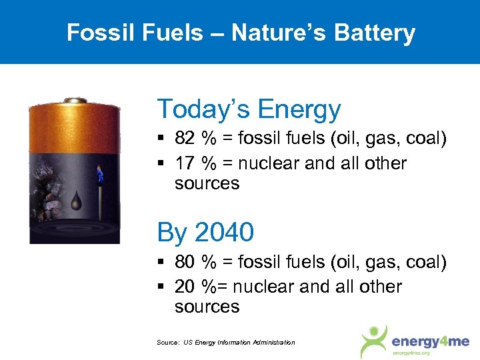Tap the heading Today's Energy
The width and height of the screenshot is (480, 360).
(x=249, y=109)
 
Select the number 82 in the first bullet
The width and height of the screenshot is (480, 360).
(x=185, y=139)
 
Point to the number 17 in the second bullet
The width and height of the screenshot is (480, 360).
(x=185, y=163)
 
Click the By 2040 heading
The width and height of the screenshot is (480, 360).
(x=205, y=232)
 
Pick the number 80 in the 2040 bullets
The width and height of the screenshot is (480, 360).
(x=185, y=262)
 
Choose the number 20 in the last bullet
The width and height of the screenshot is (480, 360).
(x=185, y=287)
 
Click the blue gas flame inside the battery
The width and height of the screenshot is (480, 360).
(x=100, y=174)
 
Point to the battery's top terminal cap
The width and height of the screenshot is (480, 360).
(x=74, y=101)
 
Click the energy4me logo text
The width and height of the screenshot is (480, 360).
(x=425, y=341)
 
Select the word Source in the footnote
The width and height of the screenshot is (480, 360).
(x=167, y=343)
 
